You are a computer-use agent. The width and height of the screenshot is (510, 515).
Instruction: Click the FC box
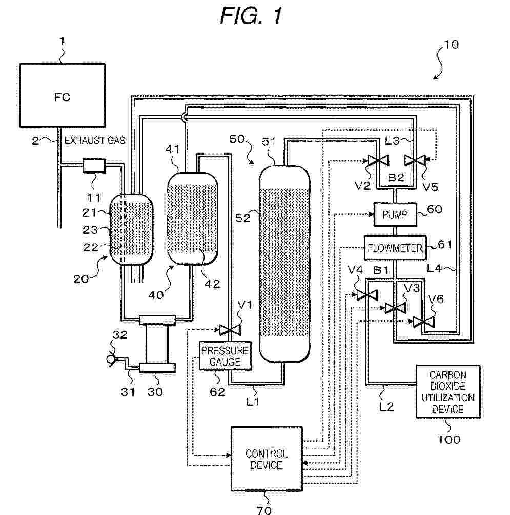(62, 96)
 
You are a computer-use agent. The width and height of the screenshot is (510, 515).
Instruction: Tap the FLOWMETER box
(395, 248)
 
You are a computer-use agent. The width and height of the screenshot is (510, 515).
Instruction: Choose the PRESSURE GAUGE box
(225, 355)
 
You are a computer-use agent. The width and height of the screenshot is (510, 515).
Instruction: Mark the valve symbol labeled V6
(423, 322)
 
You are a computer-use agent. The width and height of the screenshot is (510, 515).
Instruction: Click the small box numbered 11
(94, 165)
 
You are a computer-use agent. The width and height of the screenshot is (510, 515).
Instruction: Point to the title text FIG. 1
(251, 16)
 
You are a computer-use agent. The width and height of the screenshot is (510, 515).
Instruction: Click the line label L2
(388, 393)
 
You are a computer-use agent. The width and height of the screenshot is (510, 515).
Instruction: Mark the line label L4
(446, 266)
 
